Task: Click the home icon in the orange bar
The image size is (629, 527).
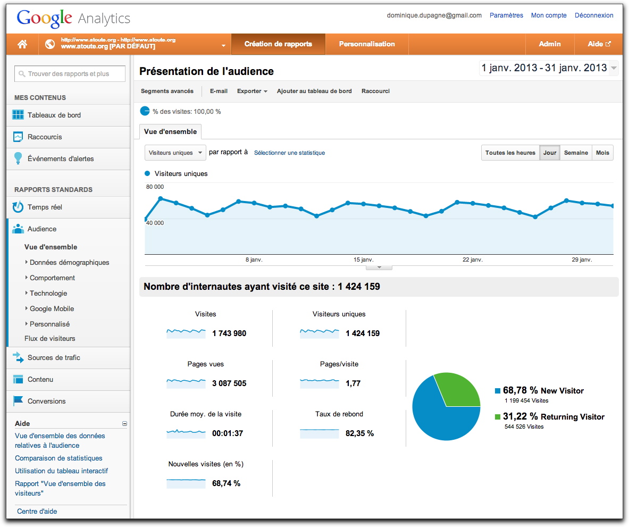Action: coord(22,44)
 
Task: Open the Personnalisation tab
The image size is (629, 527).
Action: coord(367,44)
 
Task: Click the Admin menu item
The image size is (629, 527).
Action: coord(550,44)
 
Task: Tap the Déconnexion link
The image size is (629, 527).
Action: coord(594,15)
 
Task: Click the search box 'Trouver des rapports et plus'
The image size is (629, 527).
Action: coord(70,74)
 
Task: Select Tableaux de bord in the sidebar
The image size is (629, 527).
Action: coord(54,115)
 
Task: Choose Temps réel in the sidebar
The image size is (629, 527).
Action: coord(45,207)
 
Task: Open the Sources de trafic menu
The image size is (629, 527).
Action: coord(54,357)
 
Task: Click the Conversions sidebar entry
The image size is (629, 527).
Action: coord(47,401)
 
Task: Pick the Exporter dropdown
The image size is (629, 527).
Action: coord(252,91)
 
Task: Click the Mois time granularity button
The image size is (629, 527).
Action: coord(602,153)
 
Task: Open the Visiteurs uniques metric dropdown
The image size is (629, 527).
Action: coord(175,153)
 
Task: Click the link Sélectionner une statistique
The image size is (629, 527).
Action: coord(290,153)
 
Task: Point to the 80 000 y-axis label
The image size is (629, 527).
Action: coord(155,187)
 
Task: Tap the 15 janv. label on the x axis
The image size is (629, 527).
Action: coord(364,260)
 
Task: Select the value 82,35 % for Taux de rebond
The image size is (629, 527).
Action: coord(359,433)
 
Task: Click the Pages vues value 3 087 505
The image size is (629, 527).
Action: coord(229,383)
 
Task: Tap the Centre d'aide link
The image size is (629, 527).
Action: coord(37,512)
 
